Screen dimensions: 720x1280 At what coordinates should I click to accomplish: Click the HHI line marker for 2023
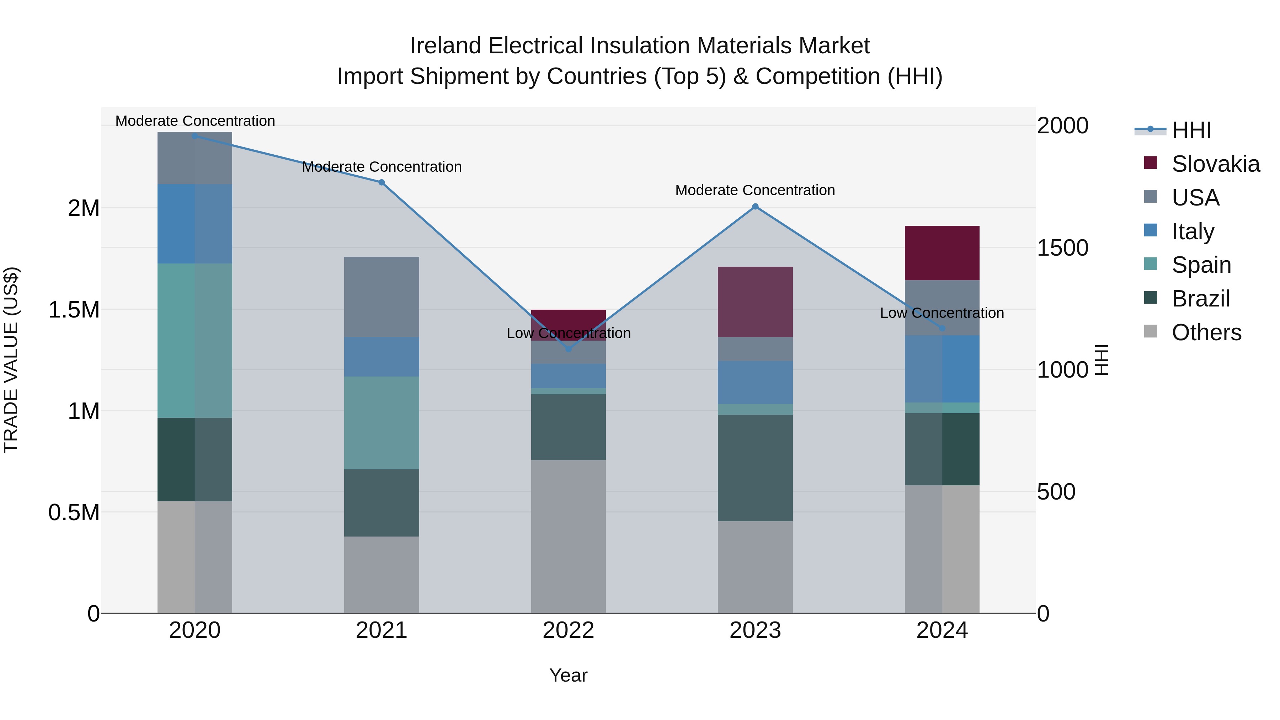point(755,206)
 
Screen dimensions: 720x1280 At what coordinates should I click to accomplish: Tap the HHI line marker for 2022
point(569,349)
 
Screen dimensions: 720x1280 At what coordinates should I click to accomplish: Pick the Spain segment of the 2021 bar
point(381,422)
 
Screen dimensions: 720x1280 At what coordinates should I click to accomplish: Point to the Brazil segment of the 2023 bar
point(755,468)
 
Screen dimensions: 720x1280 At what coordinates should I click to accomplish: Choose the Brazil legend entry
point(1200,299)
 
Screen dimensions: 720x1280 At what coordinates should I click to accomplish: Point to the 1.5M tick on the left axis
point(74,310)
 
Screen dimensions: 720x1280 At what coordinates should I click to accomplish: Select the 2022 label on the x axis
point(569,630)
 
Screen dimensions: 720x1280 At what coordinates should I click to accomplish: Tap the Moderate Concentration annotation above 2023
point(755,190)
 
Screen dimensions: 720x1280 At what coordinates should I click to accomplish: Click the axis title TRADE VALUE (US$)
point(11,360)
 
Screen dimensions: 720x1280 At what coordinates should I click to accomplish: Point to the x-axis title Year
point(569,675)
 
